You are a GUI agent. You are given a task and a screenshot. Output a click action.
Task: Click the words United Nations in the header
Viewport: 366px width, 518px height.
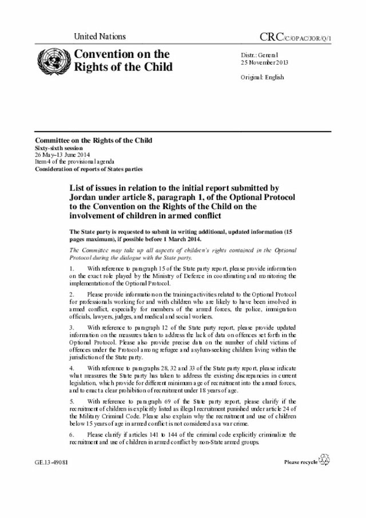[100, 37]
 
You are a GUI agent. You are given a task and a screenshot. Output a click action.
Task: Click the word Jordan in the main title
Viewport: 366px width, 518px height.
[86, 196]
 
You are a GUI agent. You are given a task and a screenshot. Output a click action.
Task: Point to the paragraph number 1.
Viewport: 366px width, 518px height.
[71, 268]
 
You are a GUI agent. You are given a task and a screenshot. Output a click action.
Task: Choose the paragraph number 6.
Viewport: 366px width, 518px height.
[71, 434]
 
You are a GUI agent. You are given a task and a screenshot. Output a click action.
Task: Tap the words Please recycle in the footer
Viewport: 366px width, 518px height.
[301, 461]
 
